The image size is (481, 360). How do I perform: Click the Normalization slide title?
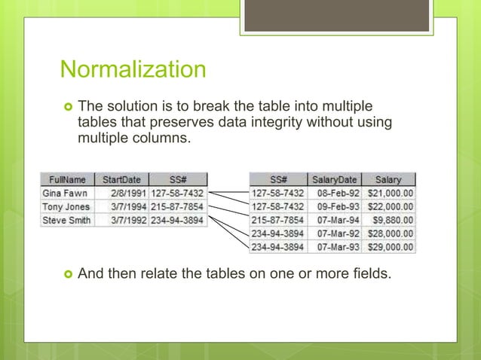[x=133, y=70]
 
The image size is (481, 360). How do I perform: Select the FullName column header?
[x=67, y=180]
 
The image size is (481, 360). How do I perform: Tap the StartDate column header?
[x=121, y=180]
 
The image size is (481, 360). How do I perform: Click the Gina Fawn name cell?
[x=66, y=194]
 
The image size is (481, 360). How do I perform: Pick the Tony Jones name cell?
[x=66, y=207]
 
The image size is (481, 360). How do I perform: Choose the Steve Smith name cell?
[x=66, y=221]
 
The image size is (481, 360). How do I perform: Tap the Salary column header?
[x=389, y=180]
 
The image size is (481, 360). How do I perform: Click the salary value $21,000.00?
[x=390, y=194]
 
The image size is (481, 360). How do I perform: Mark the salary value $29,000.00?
[x=390, y=247]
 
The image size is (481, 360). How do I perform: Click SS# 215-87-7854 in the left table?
[x=178, y=207]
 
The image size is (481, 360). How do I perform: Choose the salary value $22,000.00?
[x=390, y=206]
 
